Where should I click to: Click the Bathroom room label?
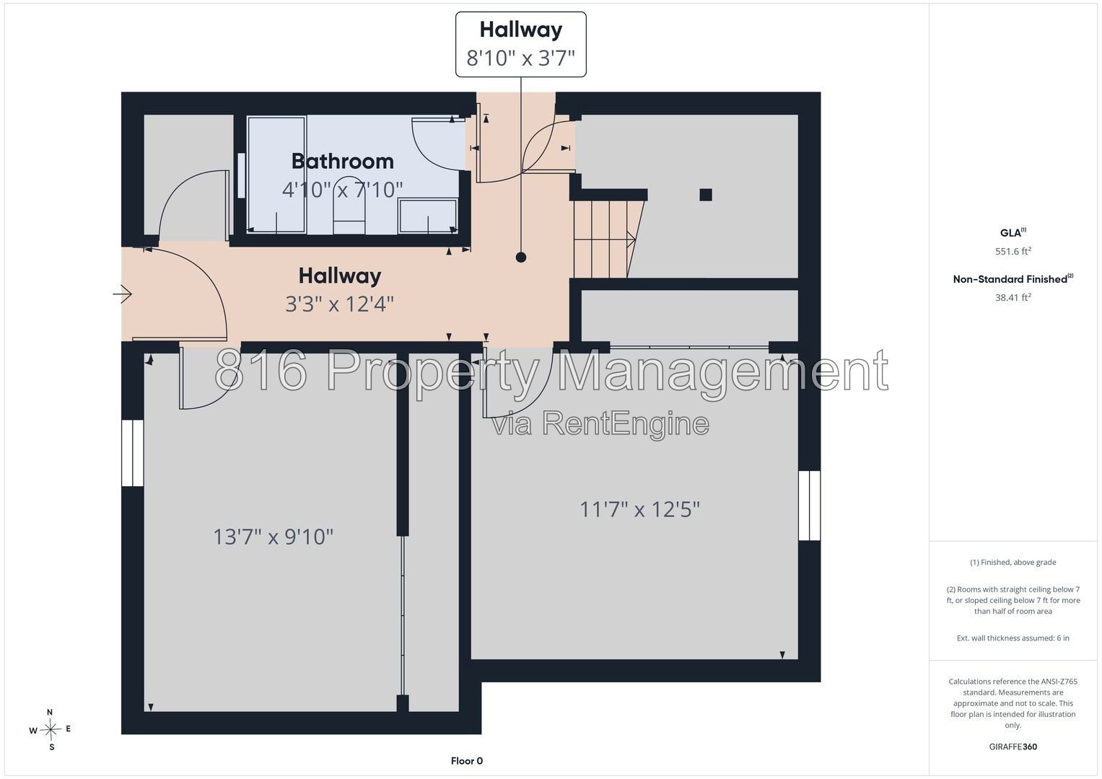(x=342, y=162)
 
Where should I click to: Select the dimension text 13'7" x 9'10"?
(x=273, y=537)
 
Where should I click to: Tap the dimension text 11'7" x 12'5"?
(x=639, y=509)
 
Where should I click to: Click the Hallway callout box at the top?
(x=520, y=44)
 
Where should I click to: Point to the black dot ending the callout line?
(x=521, y=258)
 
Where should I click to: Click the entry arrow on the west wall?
(x=123, y=294)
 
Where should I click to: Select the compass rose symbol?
(x=51, y=729)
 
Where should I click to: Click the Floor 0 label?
(x=466, y=761)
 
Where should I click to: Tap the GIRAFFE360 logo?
(x=1013, y=747)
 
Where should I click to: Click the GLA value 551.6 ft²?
(x=1013, y=251)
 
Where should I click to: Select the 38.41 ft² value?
(x=1013, y=297)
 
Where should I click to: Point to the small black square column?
(x=706, y=195)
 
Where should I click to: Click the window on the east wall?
(x=809, y=506)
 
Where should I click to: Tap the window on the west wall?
(x=132, y=453)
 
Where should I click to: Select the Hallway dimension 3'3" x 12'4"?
(x=339, y=304)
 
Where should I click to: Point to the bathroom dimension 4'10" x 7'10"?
(x=342, y=189)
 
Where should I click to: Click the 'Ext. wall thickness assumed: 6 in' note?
(x=1013, y=638)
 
